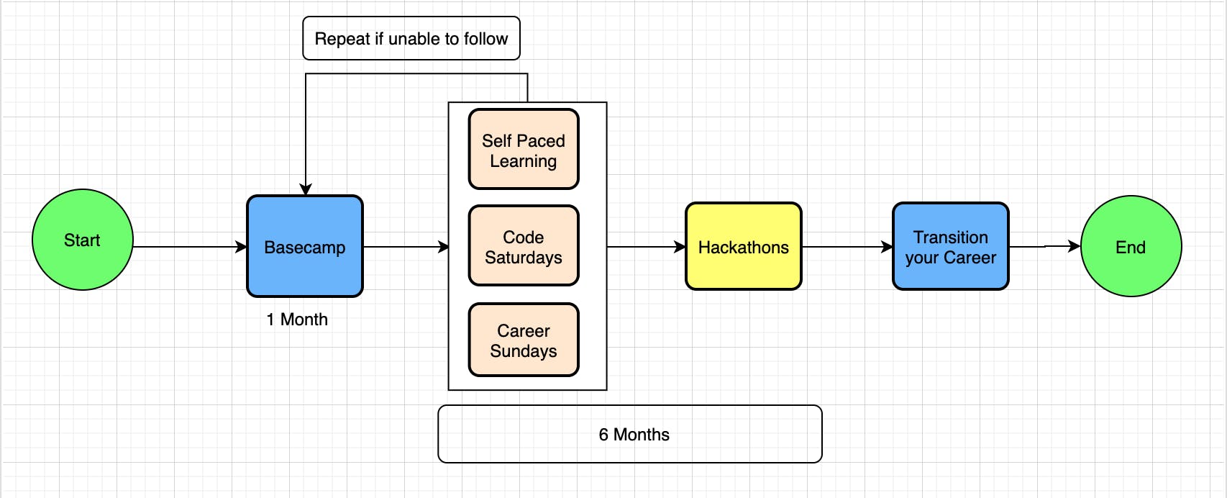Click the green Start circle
[x=83, y=240]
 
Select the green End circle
[x=1131, y=247]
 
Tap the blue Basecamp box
[x=305, y=247]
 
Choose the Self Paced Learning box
[x=524, y=149]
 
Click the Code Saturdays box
[x=524, y=245]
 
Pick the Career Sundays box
[x=524, y=340]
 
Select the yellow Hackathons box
[x=744, y=247]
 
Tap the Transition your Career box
[x=950, y=247]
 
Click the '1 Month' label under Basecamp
[x=297, y=320]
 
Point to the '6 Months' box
[x=630, y=434]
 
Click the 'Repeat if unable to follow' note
[x=411, y=38]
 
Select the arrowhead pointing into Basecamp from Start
[x=241, y=247]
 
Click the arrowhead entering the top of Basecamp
[x=306, y=189]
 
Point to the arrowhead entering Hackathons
[x=680, y=247]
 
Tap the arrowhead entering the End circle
[x=1075, y=246]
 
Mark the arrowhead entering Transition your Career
[x=887, y=247]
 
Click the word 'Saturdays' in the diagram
[x=524, y=258]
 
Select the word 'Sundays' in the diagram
[x=524, y=351]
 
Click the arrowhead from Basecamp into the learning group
[x=443, y=247]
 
